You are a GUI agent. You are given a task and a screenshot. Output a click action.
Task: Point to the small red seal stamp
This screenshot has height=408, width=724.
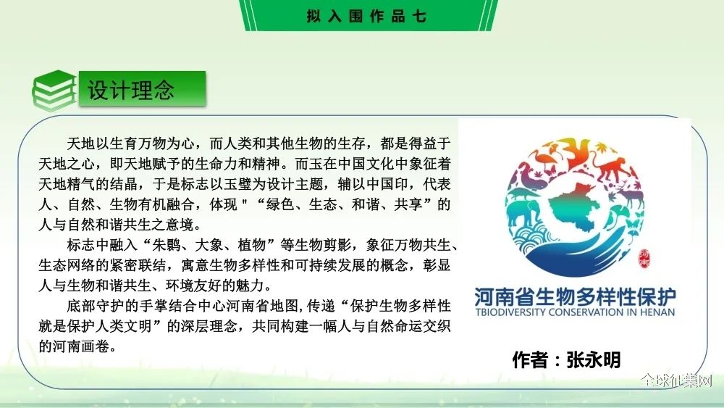[644, 258]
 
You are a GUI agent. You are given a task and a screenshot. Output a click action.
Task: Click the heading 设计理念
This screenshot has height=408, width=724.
[131, 89]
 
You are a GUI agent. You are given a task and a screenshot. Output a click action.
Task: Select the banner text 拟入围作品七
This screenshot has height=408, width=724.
[366, 16]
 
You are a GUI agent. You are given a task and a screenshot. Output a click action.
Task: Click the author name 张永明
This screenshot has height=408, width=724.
[594, 359]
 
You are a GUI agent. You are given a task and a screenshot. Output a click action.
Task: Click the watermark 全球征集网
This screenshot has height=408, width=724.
[676, 380]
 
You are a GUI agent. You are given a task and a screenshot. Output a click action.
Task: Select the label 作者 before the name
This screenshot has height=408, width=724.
[530, 359]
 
